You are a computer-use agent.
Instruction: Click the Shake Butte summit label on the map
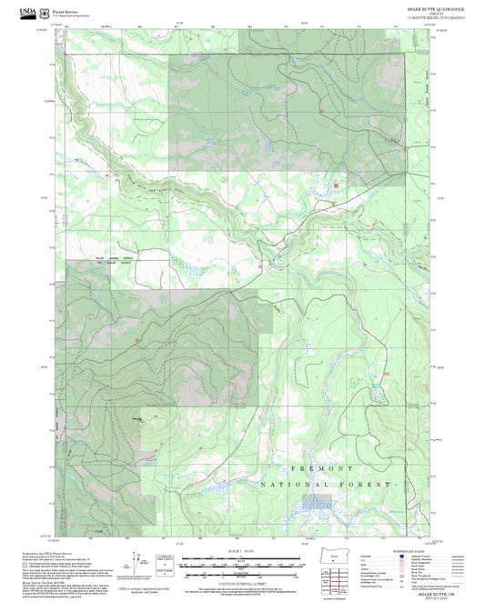[137, 418]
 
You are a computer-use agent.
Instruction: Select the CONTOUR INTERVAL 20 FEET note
[241, 578]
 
